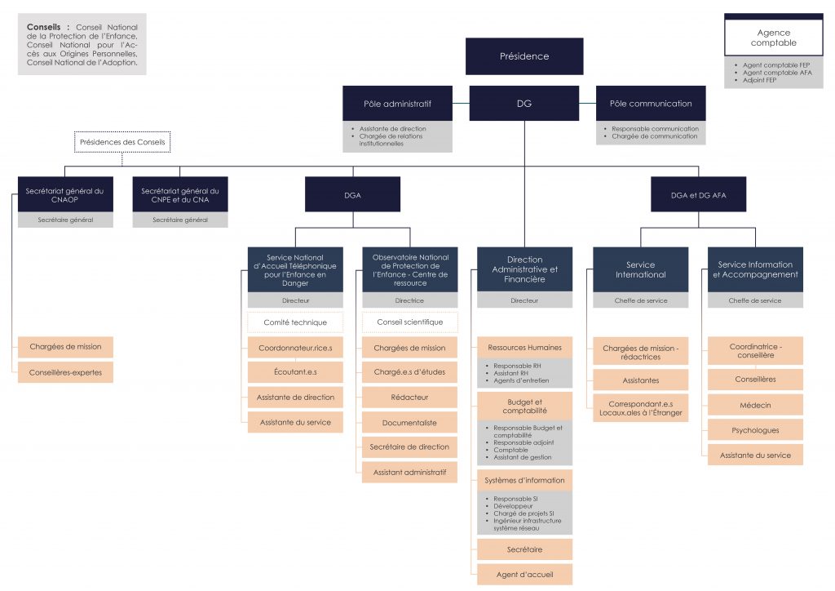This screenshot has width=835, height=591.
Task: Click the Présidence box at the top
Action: [x=524, y=56]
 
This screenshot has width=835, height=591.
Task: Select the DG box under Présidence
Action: [x=524, y=104]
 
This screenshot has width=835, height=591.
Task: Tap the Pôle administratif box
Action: [x=397, y=104]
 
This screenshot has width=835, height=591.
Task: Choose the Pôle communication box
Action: [x=651, y=104]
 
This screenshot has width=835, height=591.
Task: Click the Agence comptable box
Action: [x=774, y=38]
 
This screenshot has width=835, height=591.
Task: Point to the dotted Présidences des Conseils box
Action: [x=122, y=142]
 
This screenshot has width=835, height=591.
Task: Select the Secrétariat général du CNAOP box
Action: [x=65, y=194]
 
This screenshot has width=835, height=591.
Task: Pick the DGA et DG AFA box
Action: [x=698, y=194]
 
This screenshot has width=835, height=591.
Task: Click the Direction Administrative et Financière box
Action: [x=524, y=269]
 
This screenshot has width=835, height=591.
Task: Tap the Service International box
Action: [x=641, y=269]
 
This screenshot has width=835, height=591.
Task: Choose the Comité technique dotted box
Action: [x=295, y=322]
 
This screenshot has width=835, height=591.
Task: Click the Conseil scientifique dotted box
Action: [x=409, y=322]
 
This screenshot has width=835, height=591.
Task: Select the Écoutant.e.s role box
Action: [x=295, y=372]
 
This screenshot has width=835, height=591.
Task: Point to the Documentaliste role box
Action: [x=409, y=423]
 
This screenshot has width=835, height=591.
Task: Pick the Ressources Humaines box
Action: [x=524, y=348]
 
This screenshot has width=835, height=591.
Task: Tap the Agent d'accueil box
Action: [x=524, y=575]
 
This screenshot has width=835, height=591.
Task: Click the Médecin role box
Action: [x=755, y=405]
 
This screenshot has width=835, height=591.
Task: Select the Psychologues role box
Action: [x=755, y=430]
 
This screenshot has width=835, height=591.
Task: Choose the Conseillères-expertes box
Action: [x=65, y=372]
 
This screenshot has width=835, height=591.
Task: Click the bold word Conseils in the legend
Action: [x=44, y=27]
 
